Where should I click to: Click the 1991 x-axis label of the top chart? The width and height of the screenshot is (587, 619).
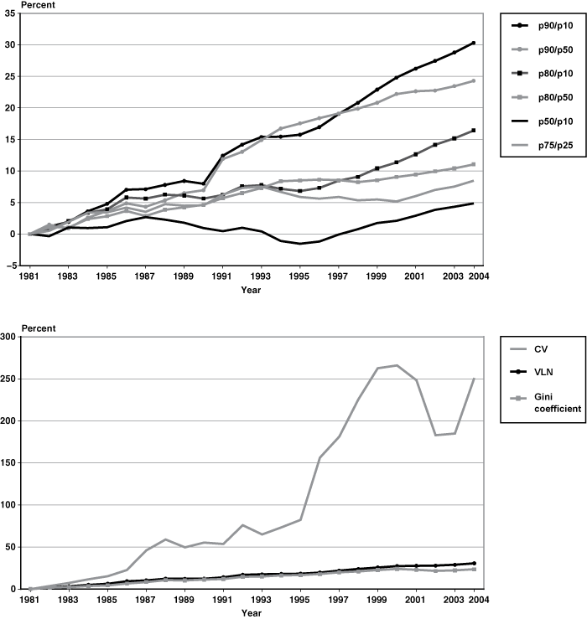(x=222, y=275)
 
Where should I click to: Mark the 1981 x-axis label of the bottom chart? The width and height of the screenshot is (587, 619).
(x=30, y=599)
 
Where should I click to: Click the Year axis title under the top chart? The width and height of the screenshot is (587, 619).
(x=251, y=291)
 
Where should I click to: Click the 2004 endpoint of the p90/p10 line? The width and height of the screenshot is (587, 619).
(x=474, y=43)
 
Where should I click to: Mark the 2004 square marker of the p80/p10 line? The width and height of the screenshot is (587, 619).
(x=474, y=131)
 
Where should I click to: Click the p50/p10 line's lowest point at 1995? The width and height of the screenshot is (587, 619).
(x=299, y=244)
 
